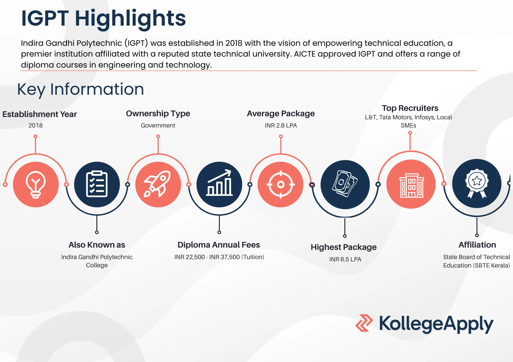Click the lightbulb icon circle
point(36,184)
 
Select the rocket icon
point(158,184)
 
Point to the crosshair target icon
point(281,184)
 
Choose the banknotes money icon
point(345,184)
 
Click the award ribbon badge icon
point(477,183)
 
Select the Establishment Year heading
point(40,114)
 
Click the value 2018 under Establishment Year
point(35,125)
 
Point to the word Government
point(158,125)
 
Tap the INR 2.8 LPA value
point(281,125)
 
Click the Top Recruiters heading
point(410,108)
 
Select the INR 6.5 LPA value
point(345,259)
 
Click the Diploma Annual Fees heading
point(219,245)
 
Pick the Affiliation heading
point(477,245)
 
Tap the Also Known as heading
point(97,245)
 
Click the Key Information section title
point(81,89)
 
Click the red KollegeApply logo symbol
point(364,323)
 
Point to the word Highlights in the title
point(130,18)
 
